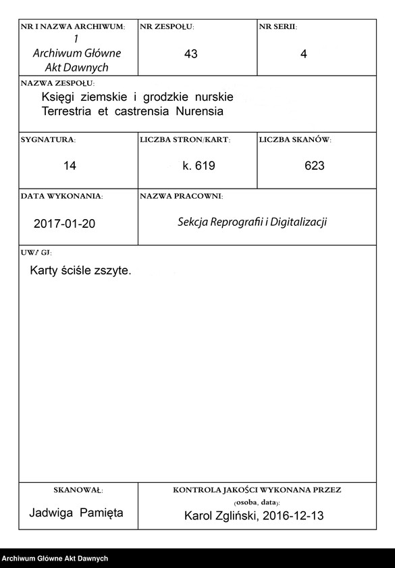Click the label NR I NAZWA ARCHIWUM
[x=73, y=26]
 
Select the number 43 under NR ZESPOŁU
[x=190, y=54]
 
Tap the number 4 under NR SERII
[x=303, y=54]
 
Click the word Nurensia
[x=199, y=110]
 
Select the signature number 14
[x=70, y=166]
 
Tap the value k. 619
[x=199, y=166]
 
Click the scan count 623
[x=315, y=166]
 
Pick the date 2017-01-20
[x=64, y=222]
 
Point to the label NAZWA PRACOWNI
[x=181, y=196]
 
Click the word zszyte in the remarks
[x=113, y=270]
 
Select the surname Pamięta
[x=102, y=513]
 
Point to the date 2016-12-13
[x=298, y=516]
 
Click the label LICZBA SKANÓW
[x=294, y=139]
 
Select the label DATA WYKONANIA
[x=61, y=196]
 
